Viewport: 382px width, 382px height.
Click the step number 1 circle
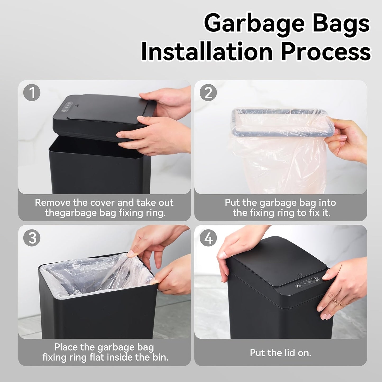click(32, 93)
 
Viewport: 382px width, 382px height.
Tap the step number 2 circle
click(208, 93)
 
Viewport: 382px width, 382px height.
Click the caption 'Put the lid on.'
click(280, 353)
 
